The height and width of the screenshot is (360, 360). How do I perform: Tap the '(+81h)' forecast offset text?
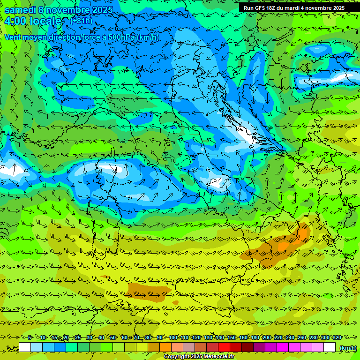point(81,21)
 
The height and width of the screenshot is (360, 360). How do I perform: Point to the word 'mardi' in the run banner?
point(291,8)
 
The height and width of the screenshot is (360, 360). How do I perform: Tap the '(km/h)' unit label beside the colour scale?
point(348,347)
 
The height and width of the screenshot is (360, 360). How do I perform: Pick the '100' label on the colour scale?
point(173,337)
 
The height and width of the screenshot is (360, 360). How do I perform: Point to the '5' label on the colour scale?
point(30,337)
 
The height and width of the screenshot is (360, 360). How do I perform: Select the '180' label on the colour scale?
point(255,337)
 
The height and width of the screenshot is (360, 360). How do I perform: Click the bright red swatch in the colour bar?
point(224,347)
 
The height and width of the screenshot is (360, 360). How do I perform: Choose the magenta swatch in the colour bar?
point(283,347)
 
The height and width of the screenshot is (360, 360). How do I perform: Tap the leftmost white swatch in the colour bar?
point(25,347)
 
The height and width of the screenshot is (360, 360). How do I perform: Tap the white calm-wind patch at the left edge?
point(9,170)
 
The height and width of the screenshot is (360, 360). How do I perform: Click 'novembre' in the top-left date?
point(68,10)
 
